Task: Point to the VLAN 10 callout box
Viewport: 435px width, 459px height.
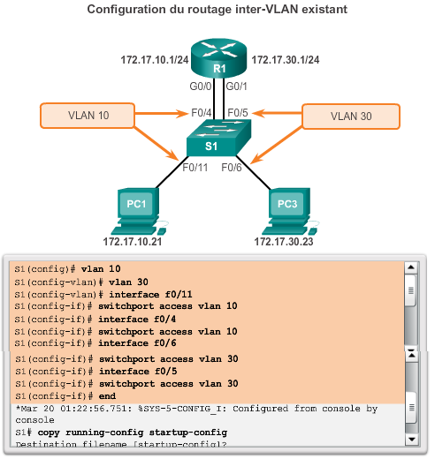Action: [88, 115]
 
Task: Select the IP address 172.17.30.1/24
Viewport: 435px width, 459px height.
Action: [286, 59]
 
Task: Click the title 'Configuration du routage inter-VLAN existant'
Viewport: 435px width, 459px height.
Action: [217, 9]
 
